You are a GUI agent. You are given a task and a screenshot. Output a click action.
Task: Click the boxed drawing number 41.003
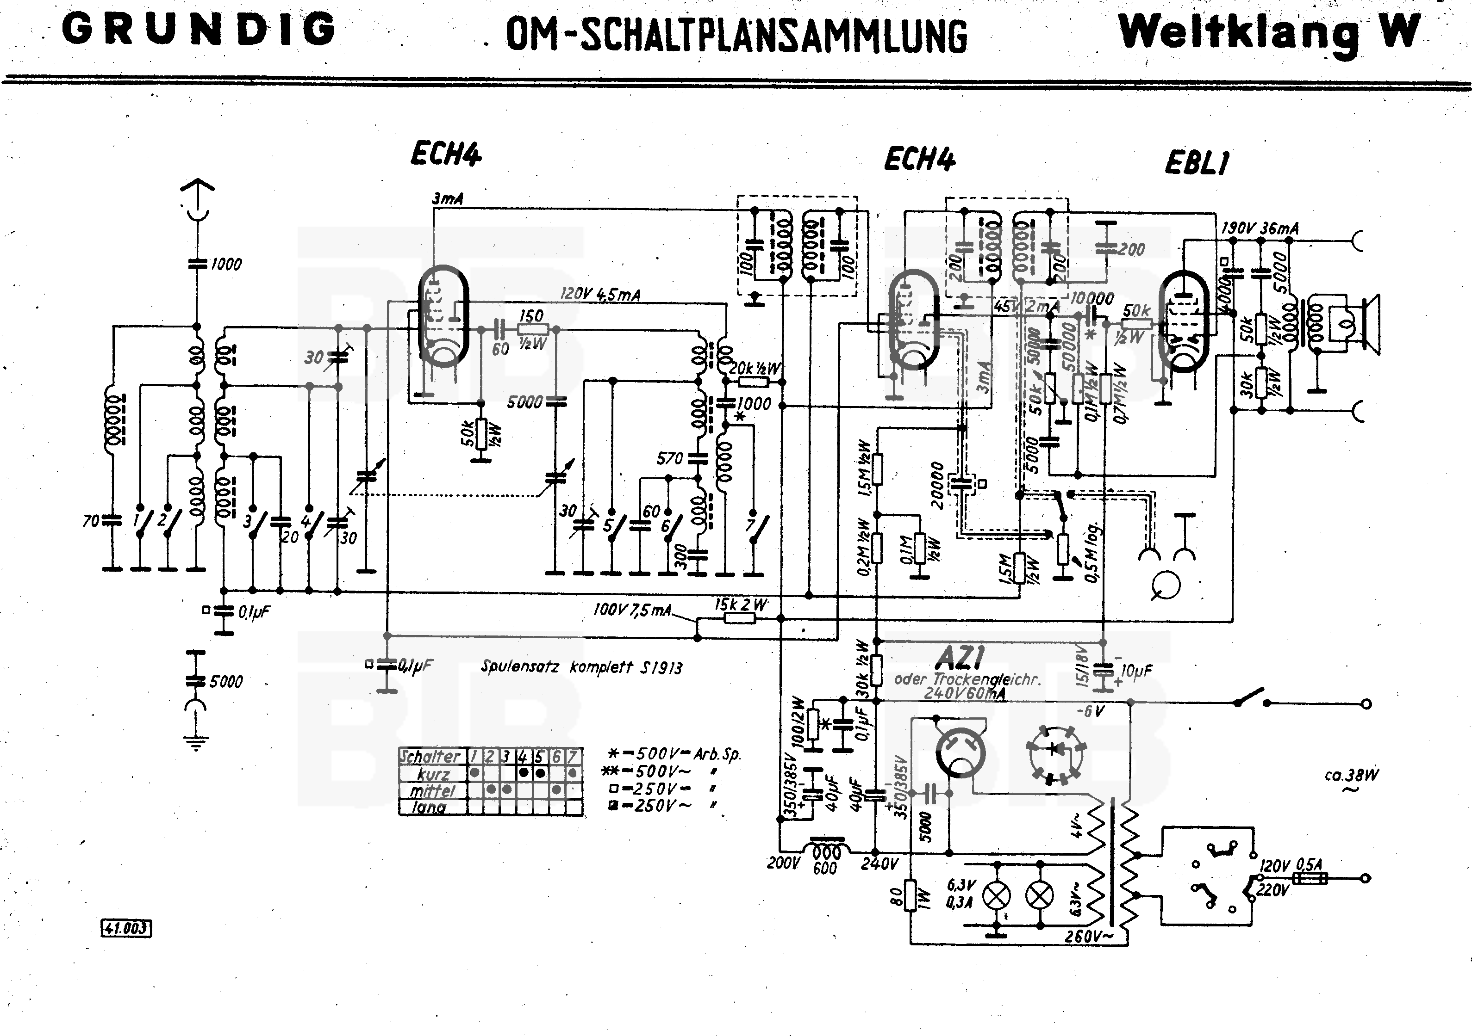click(126, 928)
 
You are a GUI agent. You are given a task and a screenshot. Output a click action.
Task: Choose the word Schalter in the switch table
click(430, 756)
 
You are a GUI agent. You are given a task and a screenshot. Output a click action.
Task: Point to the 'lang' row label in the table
click(428, 808)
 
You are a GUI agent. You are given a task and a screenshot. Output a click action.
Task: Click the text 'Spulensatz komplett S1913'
click(581, 667)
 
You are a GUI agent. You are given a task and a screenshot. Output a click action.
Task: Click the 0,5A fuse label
click(1309, 865)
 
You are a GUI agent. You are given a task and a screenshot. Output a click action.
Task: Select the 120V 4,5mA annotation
click(599, 294)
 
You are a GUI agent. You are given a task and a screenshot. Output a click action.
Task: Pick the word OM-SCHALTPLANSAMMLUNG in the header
click(736, 35)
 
